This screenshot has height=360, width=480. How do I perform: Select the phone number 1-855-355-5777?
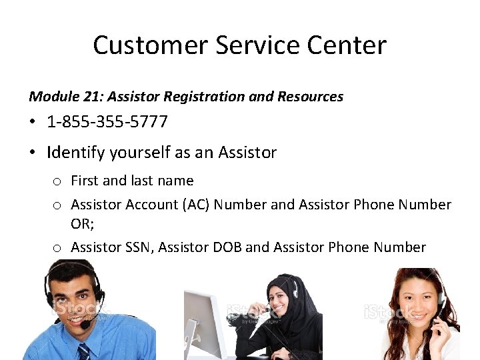(x=107, y=123)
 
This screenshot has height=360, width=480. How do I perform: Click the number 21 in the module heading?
(x=92, y=97)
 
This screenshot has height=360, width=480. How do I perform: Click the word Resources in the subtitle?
(x=305, y=97)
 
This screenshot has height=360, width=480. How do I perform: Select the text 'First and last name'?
(x=132, y=181)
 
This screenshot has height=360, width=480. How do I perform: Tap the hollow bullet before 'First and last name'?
(x=58, y=181)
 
